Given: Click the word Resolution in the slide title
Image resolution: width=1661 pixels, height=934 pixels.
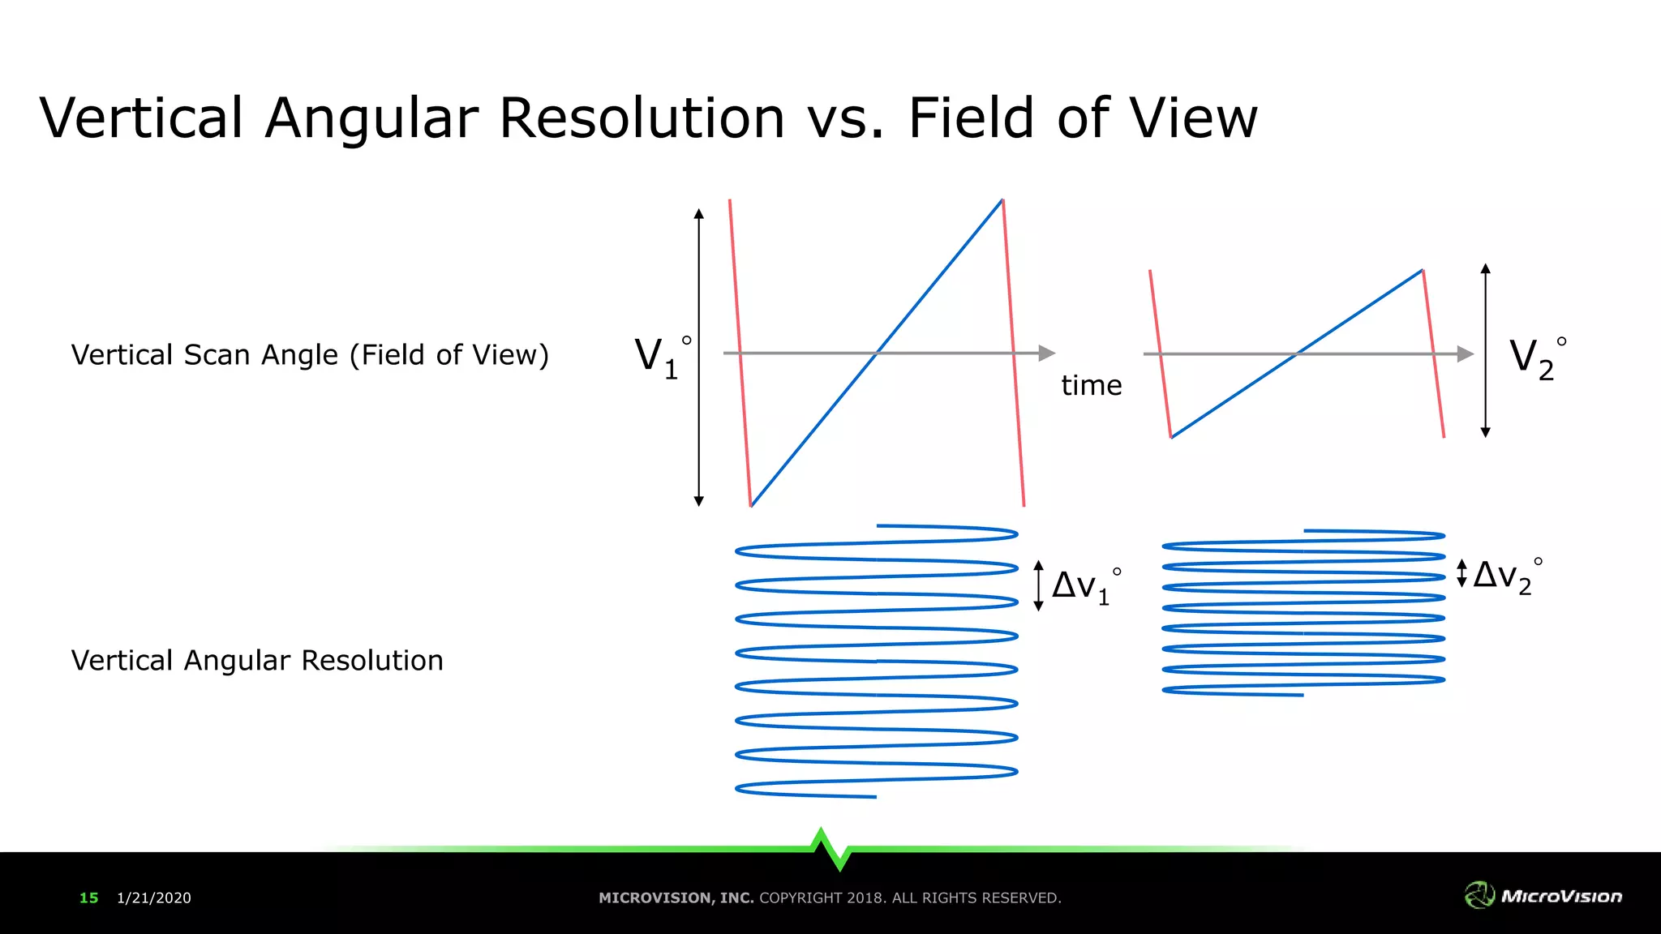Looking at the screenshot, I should tap(642, 118).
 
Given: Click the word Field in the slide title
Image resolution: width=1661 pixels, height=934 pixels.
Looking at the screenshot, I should tap(969, 118).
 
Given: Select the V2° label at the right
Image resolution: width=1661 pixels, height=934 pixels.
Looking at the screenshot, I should tap(1535, 356).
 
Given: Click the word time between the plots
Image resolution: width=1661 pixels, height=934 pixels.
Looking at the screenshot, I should tap(1091, 385).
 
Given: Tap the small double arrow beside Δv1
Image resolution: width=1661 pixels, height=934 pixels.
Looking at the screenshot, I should tap(1038, 585).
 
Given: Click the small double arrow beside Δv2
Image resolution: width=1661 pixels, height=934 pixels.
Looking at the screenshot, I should tap(1461, 573).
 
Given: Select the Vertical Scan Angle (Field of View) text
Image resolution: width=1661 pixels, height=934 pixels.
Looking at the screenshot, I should tap(310, 355).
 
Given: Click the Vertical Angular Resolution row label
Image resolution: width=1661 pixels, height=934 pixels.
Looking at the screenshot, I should tap(257, 661).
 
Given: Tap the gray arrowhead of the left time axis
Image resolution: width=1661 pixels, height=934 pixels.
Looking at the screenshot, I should tap(1047, 353).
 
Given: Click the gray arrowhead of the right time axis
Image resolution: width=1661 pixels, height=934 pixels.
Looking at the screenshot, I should tap(1466, 354).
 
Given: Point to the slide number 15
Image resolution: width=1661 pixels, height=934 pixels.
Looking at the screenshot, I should tap(88, 898).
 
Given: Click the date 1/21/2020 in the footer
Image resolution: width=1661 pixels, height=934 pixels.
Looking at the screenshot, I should tap(154, 898).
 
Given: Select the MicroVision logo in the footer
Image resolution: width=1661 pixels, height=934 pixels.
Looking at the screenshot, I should tap(1543, 895).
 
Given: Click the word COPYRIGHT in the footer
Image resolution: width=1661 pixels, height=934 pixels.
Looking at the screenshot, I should tap(800, 898).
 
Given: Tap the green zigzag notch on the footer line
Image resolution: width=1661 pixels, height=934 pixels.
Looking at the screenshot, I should tap(830, 848).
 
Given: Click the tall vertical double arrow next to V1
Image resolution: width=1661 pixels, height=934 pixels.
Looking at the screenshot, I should tap(699, 357).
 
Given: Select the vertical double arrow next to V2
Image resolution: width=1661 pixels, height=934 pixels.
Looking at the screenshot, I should tap(1485, 350).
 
